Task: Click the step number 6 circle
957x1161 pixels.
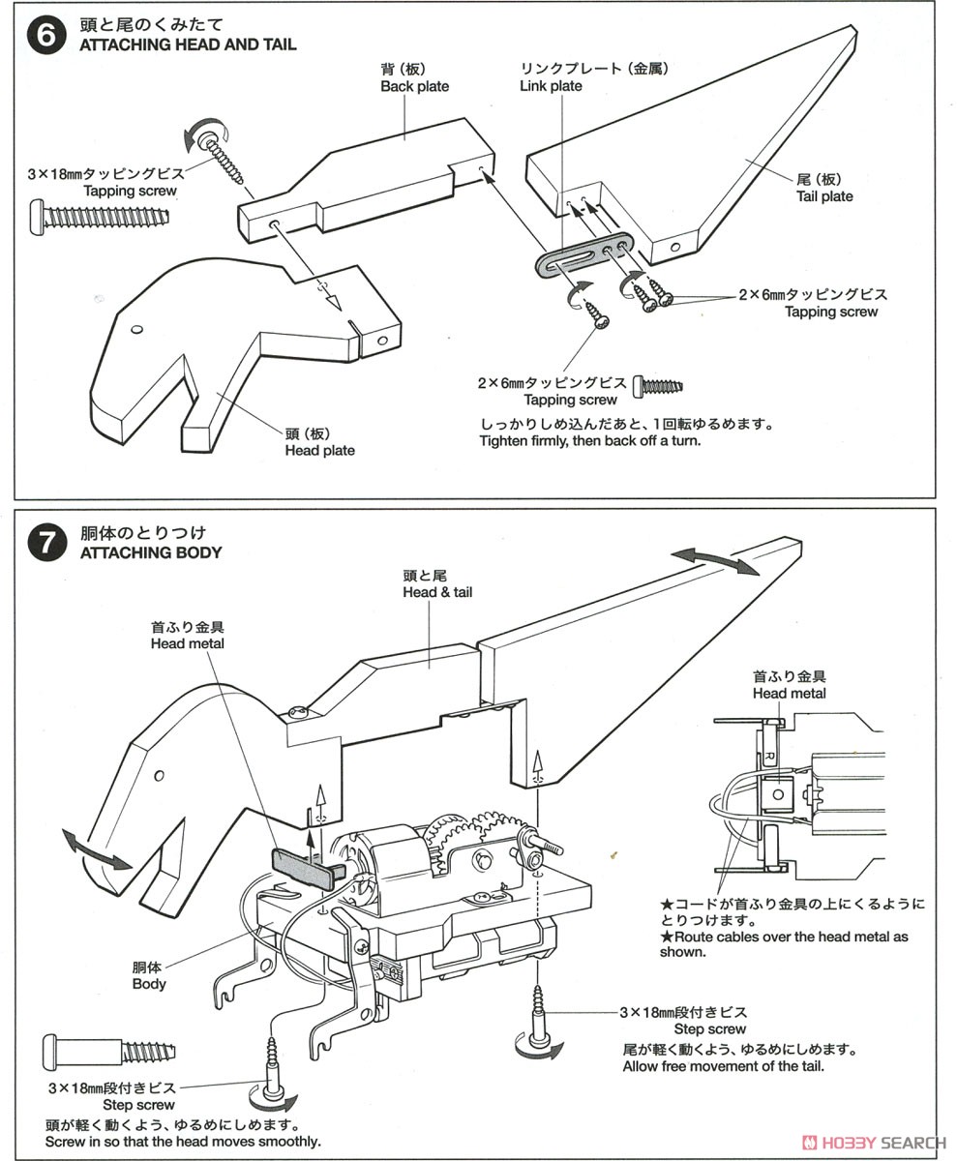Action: [48, 36]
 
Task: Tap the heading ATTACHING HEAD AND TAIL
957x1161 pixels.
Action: [188, 45]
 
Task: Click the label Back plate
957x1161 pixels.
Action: [414, 86]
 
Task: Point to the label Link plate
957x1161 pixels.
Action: [551, 86]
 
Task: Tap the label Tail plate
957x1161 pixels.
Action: [824, 196]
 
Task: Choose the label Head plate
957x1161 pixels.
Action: [319, 450]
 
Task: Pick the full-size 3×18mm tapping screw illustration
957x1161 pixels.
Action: [102, 212]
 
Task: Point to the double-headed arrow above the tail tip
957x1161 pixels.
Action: [716, 561]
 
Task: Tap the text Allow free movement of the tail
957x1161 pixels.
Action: [722, 1066]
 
